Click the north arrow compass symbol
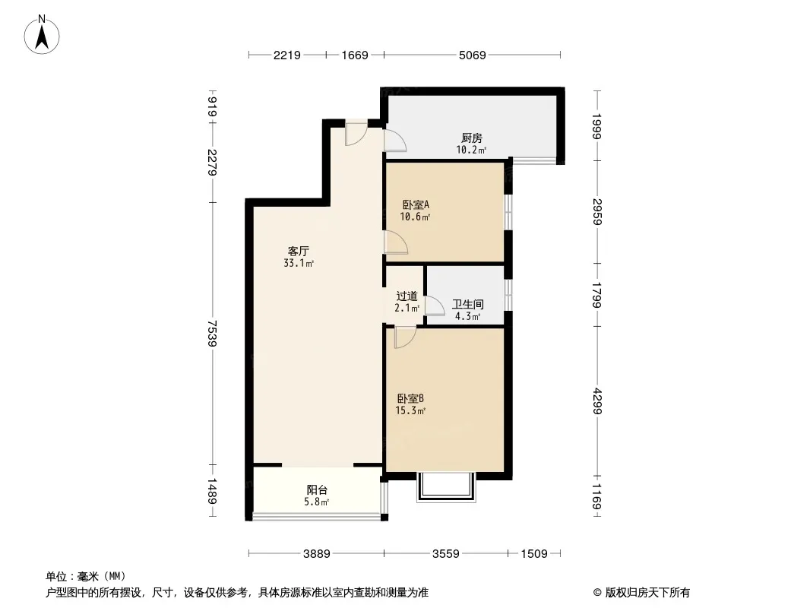pyautogui.click(x=42, y=35)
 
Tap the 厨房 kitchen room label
pyautogui.click(x=472, y=138)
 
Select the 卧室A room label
pyautogui.click(x=416, y=204)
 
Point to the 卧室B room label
pyautogui.click(x=410, y=399)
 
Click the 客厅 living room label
pyautogui.click(x=299, y=251)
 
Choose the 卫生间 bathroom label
pyautogui.click(x=468, y=304)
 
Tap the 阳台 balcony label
pyautogui.click(x=317, y=489)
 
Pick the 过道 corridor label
pyautogui.click(x=407, y=296)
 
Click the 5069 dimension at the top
pyautogui.click(x=472, y=55)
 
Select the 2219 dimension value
pyautogui.click(x=286, y=55)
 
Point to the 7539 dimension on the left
pyautogui.click(x=212, y=333)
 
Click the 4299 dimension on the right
pyautogui.click(x=597, y=401)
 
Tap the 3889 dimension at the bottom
pyautogui.click(x=317, y=554)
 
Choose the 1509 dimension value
pyautogui.click(x=534, y=554)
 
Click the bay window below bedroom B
pyautogui.click(x=446, y=487)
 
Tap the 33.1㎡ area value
pyautogui.click(x=299, y=264)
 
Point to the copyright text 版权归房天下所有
pyautogui.click(x=647, y=593)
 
